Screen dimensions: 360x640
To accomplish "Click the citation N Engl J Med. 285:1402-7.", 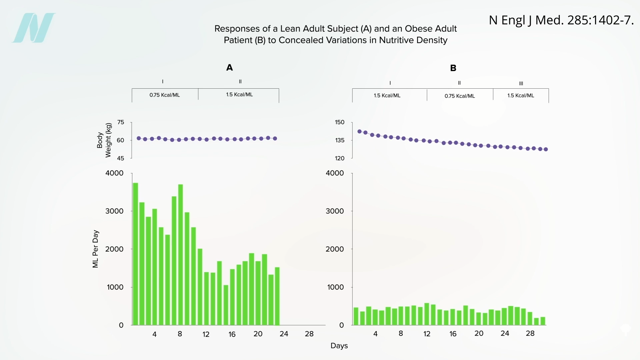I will tap(561, 20).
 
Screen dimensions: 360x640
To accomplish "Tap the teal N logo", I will tap(34, 28).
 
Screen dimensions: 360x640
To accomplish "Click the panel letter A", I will tap(229, 68).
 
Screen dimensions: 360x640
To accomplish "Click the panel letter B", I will tap(453, 68).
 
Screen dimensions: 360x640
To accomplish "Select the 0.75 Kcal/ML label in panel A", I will tap(165, 95).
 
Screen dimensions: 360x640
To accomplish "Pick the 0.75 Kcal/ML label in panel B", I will tap(460, 96).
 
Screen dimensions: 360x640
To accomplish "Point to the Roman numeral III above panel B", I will tap(521, 83).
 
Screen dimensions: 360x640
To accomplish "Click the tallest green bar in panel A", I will tap(135, 253).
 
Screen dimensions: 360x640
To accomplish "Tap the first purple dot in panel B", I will tap(359, 132).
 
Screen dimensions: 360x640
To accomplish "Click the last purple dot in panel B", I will tap(546, 149).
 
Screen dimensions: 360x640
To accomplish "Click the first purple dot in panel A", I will tap(139, 138).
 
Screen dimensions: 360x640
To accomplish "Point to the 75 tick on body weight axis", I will tap(121, 122).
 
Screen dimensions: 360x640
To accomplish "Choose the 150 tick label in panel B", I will tap(340, 122).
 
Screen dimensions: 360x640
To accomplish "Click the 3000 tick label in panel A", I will tap(114, 211).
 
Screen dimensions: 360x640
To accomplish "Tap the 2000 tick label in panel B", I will tap(335, 249).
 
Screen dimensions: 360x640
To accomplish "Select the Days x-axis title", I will tap(339, 346).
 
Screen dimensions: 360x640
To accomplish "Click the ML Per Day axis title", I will tap(96, 249).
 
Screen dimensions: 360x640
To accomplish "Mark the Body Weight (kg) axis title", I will tap(104, 140).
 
